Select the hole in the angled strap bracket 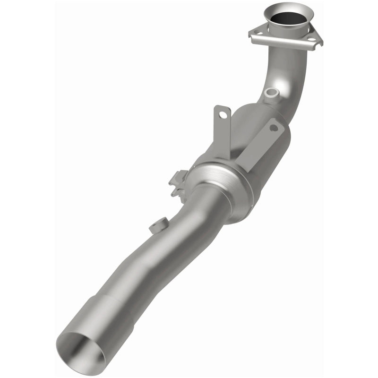click(275, 128)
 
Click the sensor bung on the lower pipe click(158, 224)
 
